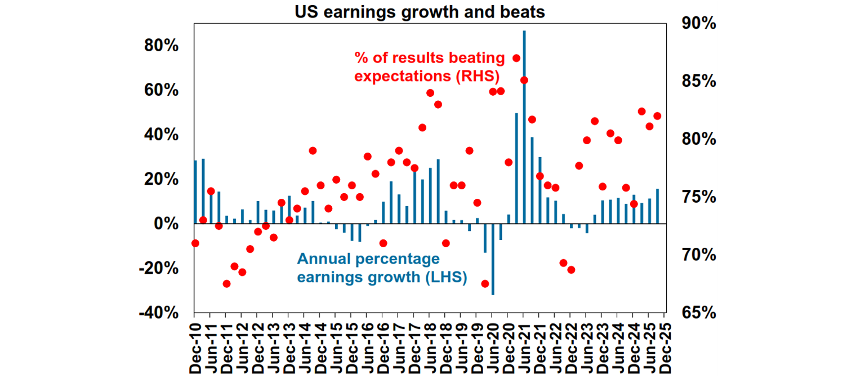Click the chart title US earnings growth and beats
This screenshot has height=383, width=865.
click(x=420, y=12)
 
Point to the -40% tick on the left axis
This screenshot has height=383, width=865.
click(x=158, y=313)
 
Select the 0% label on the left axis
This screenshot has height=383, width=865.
click(x=166, y=224)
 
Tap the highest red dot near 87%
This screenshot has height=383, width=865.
click(x=516, y=58)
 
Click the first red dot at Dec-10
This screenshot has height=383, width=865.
click(x=195, y=243)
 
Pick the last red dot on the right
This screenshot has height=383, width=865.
click(x=657, y=116)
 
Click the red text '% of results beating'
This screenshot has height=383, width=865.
click(x=430, y=58)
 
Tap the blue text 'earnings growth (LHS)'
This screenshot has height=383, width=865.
click(x=382, y=277)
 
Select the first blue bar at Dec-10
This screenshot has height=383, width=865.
click(x=195, y=192)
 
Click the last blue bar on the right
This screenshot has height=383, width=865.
click(x=657, y=206)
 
